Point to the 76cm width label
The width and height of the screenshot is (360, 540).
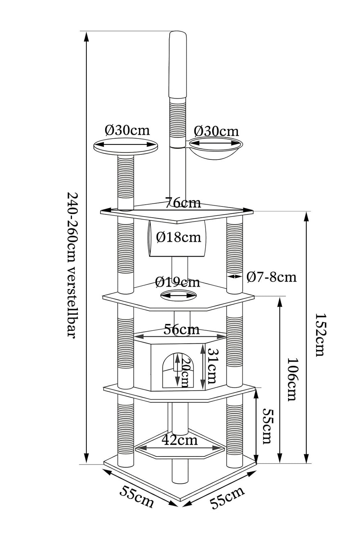tap(183, 203)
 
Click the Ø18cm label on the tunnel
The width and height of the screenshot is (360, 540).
tap(179, 237)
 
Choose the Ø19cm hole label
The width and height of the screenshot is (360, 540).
tap(177, 282)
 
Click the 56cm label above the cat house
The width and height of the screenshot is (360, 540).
tap(181, 329)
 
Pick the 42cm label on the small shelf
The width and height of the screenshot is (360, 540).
tap(180, 440)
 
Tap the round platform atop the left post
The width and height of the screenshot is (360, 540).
tap(126, 146)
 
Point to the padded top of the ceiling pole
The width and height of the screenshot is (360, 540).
tap(179, 65)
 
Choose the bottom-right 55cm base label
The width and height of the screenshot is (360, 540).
tap(228, 497)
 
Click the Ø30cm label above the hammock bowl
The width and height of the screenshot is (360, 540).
tap(216, 131)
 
